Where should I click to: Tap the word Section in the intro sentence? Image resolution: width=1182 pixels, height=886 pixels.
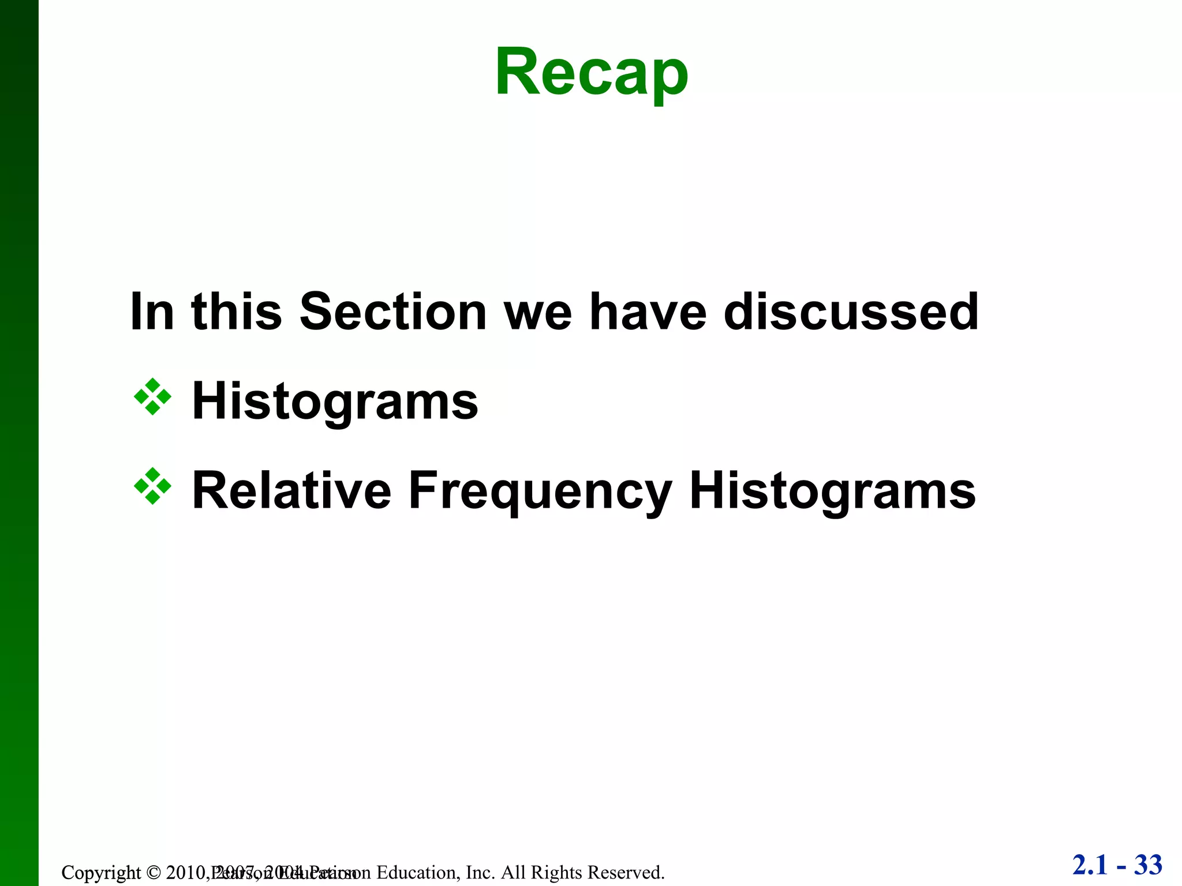tap(393, 312)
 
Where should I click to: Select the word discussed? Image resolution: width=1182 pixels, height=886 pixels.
tap(851, 312)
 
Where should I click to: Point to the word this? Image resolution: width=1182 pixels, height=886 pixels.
tap(236, 312)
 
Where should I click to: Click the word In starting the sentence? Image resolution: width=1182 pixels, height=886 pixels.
tap(152, 312)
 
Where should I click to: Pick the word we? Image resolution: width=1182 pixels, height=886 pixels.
tap(538, 312)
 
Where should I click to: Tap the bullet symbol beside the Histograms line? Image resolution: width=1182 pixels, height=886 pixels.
tap(152, 397)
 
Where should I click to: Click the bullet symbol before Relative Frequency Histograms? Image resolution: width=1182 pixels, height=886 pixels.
tap(152, 486)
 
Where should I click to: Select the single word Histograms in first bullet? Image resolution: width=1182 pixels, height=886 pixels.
tap(335, 401)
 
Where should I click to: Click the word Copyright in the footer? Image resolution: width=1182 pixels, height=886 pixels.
tap(100, 872)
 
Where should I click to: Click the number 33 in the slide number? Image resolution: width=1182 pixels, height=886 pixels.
tap(1148, 865)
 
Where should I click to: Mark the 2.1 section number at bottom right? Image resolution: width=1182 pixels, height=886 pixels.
tap(1090, 865)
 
